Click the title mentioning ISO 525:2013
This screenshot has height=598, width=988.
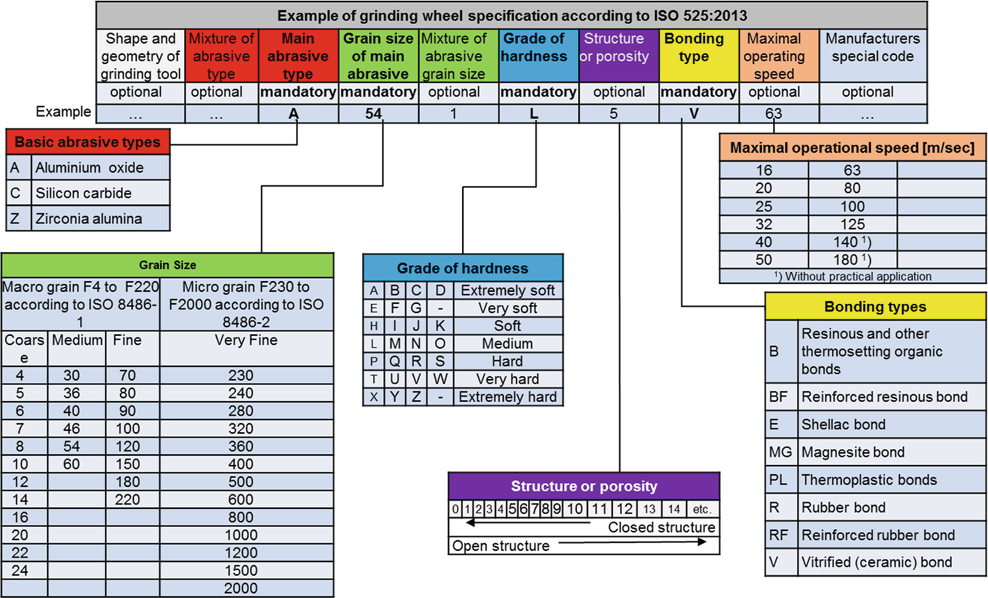click(x=511, y=15)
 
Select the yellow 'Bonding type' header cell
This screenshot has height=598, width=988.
click(x=698, y=55)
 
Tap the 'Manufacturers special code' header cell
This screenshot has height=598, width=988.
click(x=872, y=55)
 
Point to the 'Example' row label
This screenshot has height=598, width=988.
click(x=63, y=111)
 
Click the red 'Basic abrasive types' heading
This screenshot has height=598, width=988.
click(x=87, y=142)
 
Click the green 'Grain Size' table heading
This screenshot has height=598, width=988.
click(x=167, y=265)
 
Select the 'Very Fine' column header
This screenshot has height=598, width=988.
click(x=246, y=340)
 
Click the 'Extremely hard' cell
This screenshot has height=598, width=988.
click(x=507, y=397)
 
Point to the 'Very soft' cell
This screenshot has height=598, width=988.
click(x=507, y=308)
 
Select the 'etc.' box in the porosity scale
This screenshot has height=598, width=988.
click(x=701, y=509)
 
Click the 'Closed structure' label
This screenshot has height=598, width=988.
click(x=661, y=527)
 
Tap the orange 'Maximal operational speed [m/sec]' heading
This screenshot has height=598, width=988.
click(x=852, y=147)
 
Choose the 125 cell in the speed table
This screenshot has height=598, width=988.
click(x=852, y=224)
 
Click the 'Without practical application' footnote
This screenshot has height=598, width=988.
click(x=852, y=276)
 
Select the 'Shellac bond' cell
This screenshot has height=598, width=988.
click(x=843, y=425)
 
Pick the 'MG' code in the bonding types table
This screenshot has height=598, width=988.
click(x=780, y=452)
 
